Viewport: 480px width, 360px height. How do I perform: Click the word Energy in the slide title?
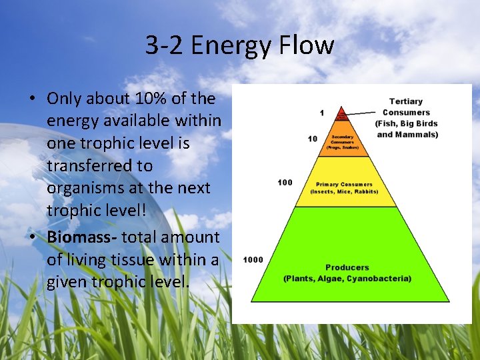[x=233, y=46]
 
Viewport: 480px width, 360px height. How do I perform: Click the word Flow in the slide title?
[x=307, y=46]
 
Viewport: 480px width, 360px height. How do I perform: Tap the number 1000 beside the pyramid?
[x=253, y=259]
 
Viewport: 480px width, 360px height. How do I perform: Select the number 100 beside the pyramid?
[x=285, y=181]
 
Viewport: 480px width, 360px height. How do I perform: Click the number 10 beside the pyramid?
[x=313, y=139]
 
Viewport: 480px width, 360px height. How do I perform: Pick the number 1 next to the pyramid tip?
[x=322, y=113]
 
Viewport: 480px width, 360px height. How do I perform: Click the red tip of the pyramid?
[x=341, y=114]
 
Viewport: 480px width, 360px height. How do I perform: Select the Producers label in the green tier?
[x=347, y=268]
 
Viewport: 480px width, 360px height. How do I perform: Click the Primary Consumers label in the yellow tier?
[x=344, y=184]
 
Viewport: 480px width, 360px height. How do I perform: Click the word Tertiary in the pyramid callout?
[x=406, y=101]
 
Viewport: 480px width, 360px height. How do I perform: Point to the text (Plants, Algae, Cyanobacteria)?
[x=347, y=279]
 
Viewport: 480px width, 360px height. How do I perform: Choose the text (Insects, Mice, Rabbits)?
[x=344, y=191]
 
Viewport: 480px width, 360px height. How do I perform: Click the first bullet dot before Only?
[x=32, y=99]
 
